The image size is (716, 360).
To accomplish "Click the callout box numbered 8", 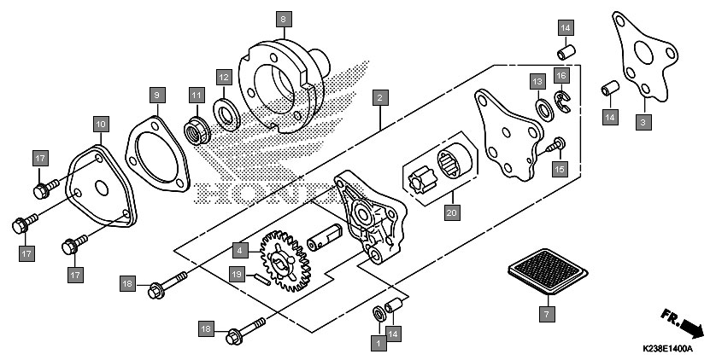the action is click(x=284, y=19).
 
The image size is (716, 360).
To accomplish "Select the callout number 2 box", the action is click(x=380, y=97).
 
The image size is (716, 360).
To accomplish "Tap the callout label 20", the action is click(x=452, y=212).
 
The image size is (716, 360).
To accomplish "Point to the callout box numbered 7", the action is click(x=547, y=314).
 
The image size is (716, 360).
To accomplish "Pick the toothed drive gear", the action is click(x=286, y=261).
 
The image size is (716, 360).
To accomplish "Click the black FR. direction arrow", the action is click(x=691, y=328).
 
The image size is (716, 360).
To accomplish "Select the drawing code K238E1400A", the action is click(x=667, y=349).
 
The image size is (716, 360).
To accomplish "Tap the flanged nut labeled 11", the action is click(x=197, y=131).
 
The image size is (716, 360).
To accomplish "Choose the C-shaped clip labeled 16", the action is click(x=562, y=102).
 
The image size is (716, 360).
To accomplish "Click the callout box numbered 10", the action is click(x=102, y=124).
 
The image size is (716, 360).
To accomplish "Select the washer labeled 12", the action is click(x=227, y=114).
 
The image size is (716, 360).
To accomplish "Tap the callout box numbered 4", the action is click(x=240, y=250).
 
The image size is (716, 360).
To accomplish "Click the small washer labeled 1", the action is click(x=379, y=314).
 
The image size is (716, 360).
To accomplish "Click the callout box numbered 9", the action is click(x=157, y=96).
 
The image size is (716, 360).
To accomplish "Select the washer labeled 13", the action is click(x=544, y=110).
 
